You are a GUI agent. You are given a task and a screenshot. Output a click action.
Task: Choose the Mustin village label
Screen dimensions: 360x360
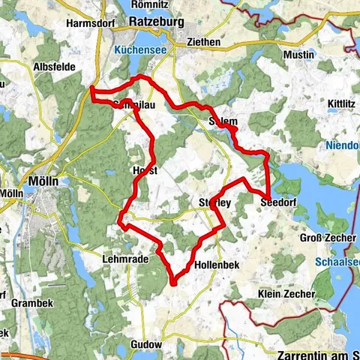(297, 55)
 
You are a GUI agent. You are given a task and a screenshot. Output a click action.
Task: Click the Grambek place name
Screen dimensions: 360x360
(31, 303)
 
